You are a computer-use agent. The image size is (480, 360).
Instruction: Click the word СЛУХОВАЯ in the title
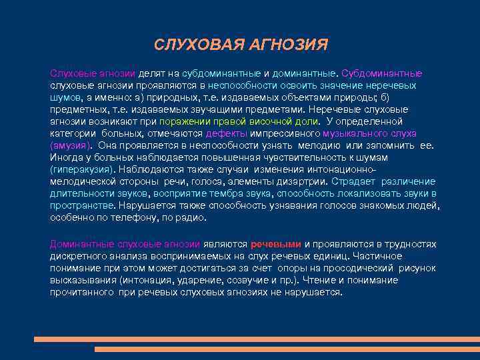pyautogui.click(x=189, y=45)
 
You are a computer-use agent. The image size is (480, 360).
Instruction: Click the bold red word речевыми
pyautogui.click(x=276, y=244)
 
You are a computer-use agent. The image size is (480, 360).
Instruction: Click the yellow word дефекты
pyautogui.click(x=225, y=133)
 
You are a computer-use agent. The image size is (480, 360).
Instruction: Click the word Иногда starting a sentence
pyautogui.click(x=66, y=157)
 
